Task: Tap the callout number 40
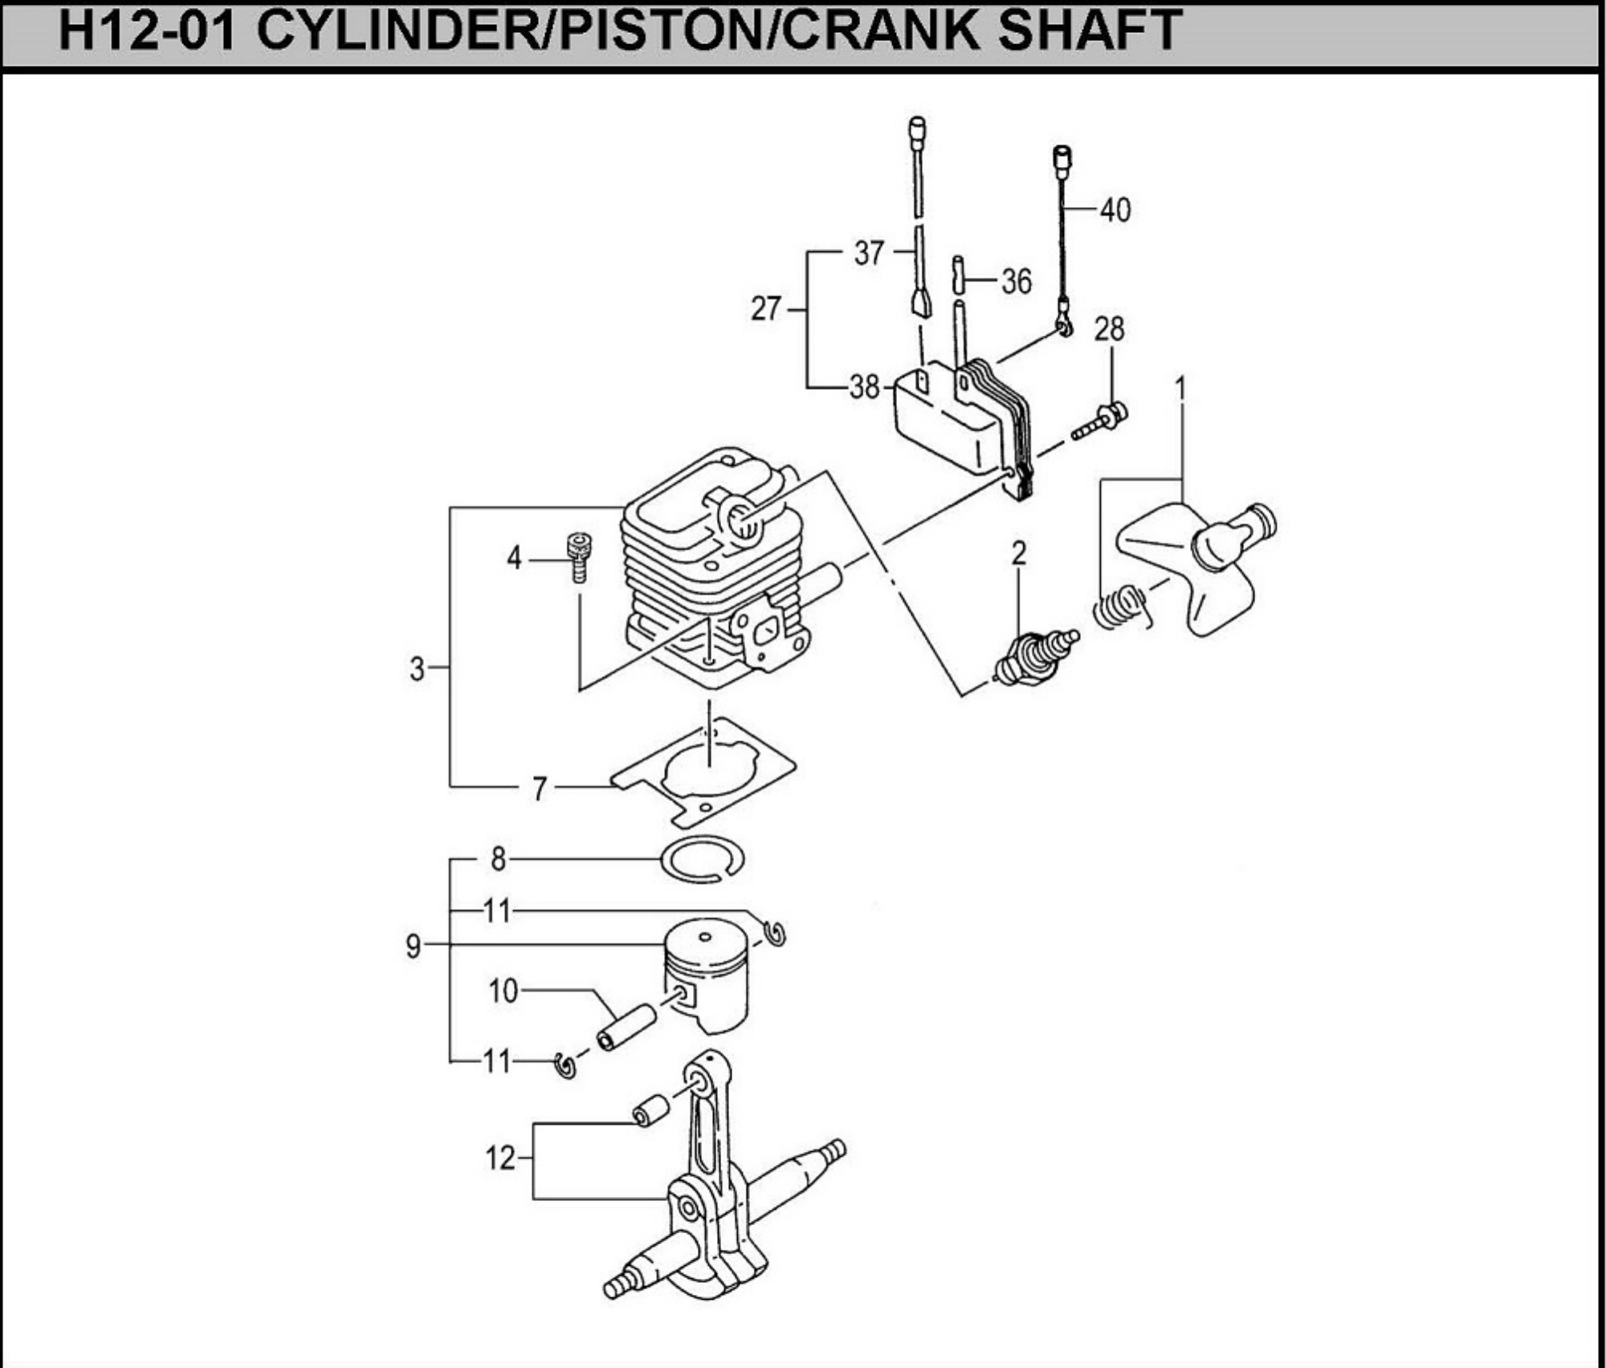[x=1115, y=210]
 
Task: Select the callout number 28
[x=1110, y=328]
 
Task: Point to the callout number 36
[x=1016, y=282]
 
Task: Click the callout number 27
[x=766, y=308]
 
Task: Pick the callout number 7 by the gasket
[x=540, y=788]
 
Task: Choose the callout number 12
[x=500, y=1158]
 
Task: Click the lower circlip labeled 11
[x=566, y=1065]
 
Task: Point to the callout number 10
[x=503, y=991]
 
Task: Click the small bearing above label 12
[x=651, y=1109]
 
